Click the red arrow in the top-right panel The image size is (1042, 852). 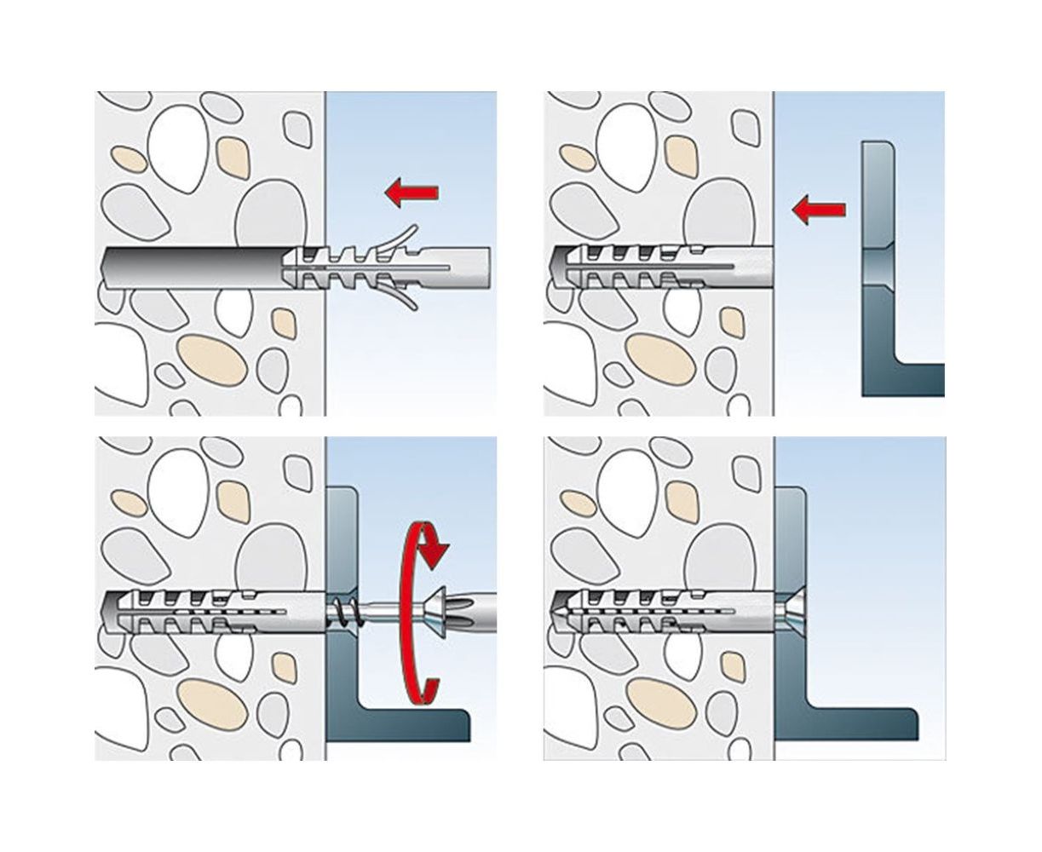click(818, 209)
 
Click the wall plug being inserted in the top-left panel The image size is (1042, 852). click(392, 260)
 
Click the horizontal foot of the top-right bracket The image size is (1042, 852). click(916, 379)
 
